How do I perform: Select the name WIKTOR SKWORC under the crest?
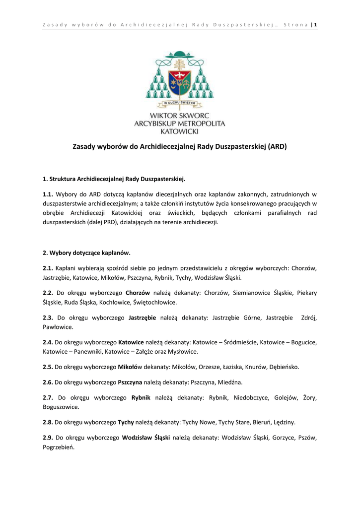pyautogui.click(x=180, y=115)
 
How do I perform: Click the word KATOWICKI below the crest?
pyautogui.click(x=180, y=131)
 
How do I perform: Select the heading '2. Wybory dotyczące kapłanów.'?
pyautogui.click(x=86, y=253)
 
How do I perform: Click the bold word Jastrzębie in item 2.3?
pyautogui.click(x=143, y=317)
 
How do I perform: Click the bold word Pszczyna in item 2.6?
pyautogui.click(x=130, y=382)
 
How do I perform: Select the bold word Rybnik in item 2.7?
pyautogui.click(x=141, y=397)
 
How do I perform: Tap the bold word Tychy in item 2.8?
pyautogui.click(x=126, y=422)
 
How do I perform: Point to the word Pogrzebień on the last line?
pyautogui.click(x=59, y=447)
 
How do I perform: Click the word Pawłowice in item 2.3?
pyautogui.click(x=58, y=327)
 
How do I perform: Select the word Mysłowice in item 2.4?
pyautogui.click(x=184, y=352)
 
